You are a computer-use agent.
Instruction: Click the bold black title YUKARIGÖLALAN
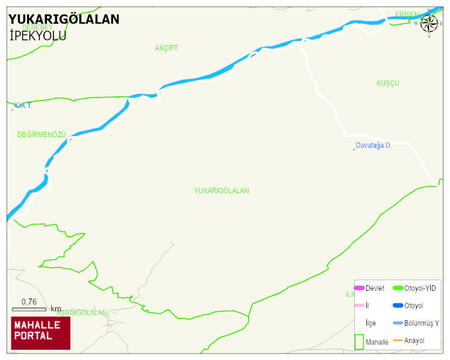click(64, 19)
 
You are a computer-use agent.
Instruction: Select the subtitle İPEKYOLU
click(38, 36)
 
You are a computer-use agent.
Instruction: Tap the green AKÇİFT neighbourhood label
click(166, 48)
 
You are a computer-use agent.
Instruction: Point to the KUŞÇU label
click(387, 83)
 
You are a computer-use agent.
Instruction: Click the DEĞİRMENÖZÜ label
click(42, 135)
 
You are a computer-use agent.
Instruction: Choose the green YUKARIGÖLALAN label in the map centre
click(221, 191)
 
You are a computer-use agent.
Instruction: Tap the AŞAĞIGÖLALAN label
click(82, 313)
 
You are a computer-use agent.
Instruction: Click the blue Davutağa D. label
click(374, 146)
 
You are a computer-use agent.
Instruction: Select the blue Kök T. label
click(23, 105)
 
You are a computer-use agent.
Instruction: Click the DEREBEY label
click(37, 27)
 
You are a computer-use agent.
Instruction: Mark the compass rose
click(429, 23)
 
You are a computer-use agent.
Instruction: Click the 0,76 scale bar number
click(29, 302)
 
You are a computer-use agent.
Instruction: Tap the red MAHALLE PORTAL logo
click(41, 333)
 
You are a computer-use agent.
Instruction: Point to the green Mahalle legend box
click(359, 341)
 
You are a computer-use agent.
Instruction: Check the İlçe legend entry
click(371, 323)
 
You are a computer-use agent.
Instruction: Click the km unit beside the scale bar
click(56, 308)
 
